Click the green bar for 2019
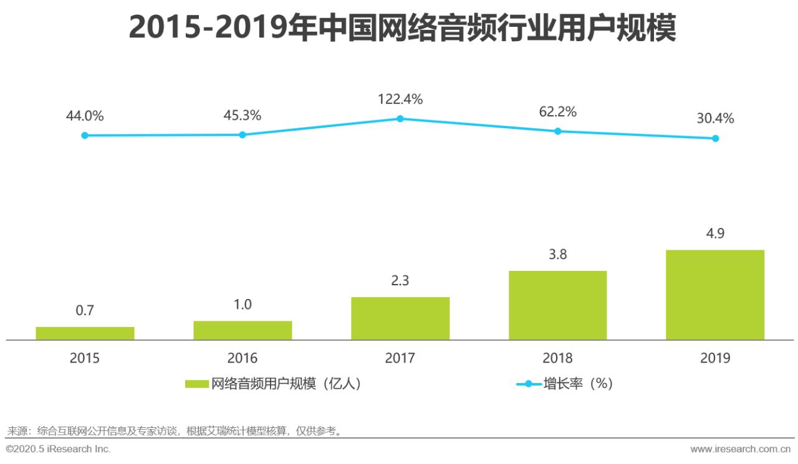pos(715,295)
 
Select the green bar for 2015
pos(85,333)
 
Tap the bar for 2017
pos(400,318)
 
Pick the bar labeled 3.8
pos(557,305)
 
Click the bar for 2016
pos(243,330)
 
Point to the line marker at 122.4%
pos(400,118)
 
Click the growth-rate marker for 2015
pos(85,135)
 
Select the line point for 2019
pos(715,138)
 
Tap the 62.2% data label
pos(557,112)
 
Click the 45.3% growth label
pos(243,116)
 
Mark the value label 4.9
pos(715,234)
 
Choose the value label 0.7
pos(85,310)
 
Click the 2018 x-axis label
pos(557,358)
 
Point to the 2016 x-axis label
pos(243,358)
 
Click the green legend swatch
pos(197,384)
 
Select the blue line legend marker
pos(529,384)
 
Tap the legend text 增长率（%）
pos(578,384)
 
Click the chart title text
pos(402,28)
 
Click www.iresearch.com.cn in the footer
pos(741,449)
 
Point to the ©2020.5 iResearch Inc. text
pos(58,449)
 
